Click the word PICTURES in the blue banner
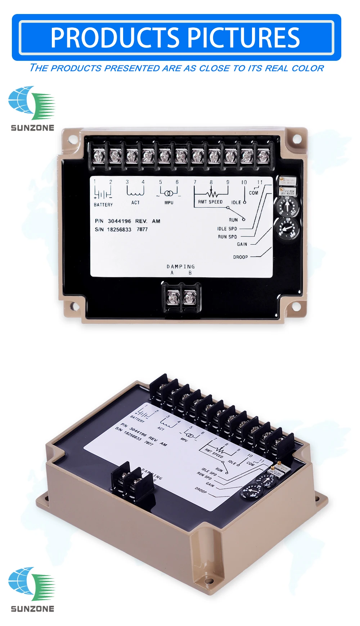tap(243, 38)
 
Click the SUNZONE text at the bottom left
tap(32, 609)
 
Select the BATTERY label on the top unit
tap(103, 205)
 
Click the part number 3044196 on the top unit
tap(120, 221)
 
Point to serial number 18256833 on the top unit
tap(119, 230)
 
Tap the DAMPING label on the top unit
tap(181, 267)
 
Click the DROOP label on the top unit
tap(240, 257)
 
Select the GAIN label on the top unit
tap(242, 244)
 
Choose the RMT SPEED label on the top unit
tap(211, 202)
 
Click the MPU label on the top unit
tap(169, 203)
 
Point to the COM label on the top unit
tap(253, 193)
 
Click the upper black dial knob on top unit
tap(287, 207)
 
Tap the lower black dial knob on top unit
tap(287, 229)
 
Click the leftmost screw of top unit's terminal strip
tap(99, 156)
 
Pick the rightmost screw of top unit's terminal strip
tap(263, 156)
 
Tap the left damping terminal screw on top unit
tap(174, 298)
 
